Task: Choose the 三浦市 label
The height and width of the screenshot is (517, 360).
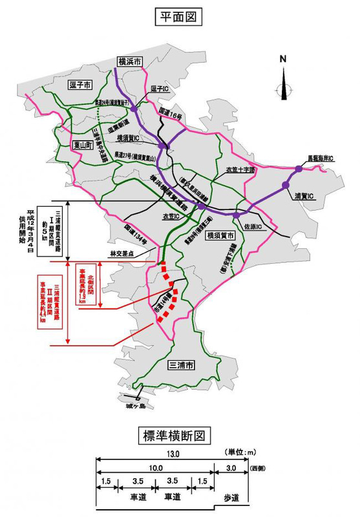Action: [x=180, y=364]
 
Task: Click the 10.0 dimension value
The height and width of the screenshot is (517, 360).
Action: [x=154, y=468]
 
